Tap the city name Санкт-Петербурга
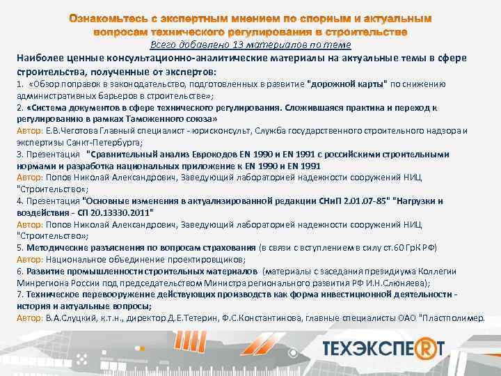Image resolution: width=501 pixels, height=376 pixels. tap(73, 141)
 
